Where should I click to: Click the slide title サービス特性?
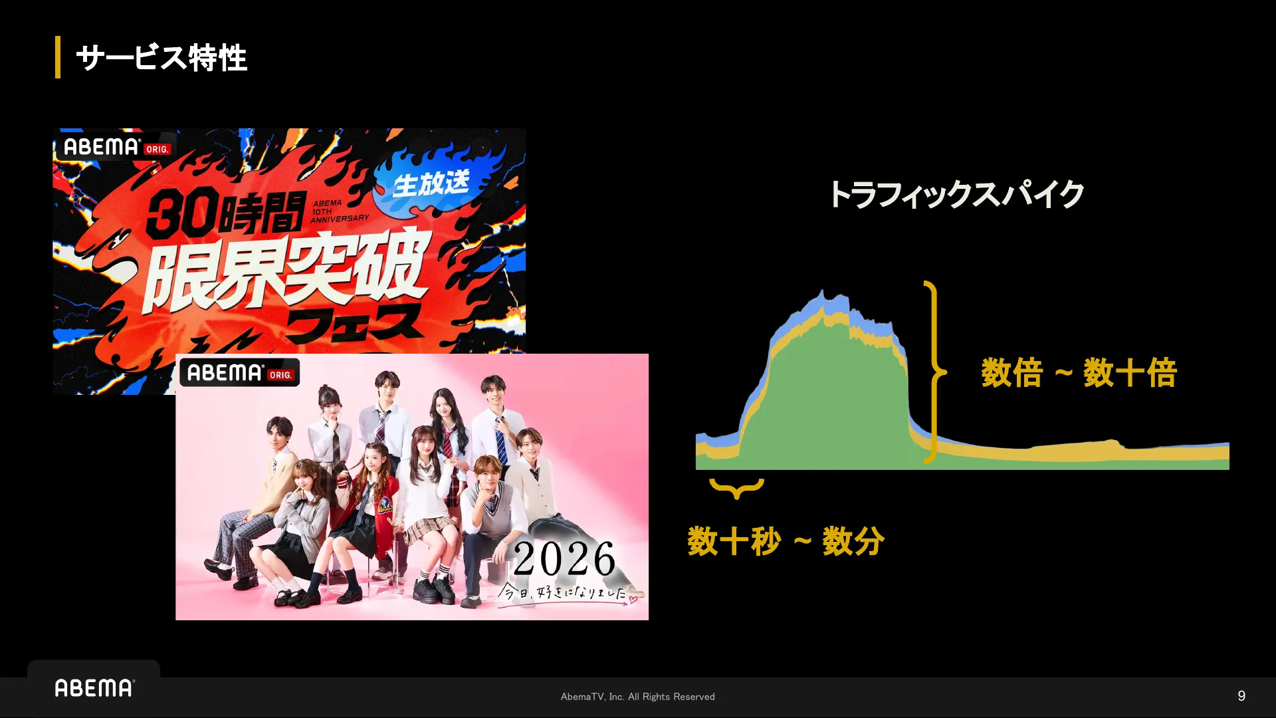pos(161,58)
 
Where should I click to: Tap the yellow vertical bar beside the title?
pos(58,57)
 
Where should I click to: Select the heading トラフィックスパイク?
pos(956,195)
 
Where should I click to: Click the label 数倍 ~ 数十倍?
pos(1079,372)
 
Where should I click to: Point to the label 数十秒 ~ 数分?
pos(786,541)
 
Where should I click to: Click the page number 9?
pos(1241,696)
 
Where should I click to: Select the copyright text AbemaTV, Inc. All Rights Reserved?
pos(638,697)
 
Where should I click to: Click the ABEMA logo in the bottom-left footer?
pos(94,688)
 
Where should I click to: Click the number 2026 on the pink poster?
pos(564,558)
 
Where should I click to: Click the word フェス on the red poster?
pos(355,324)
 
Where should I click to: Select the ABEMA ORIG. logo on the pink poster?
pos(239,373)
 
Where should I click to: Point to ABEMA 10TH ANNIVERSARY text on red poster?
pos(340,211)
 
